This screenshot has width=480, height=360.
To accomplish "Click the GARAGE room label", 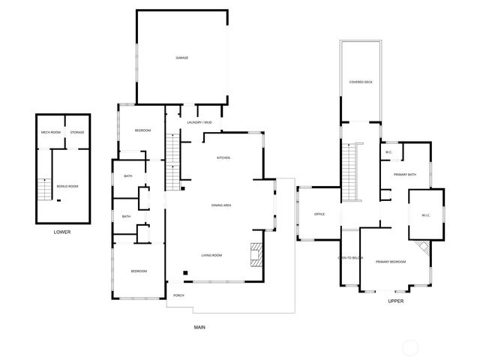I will pos(181,58).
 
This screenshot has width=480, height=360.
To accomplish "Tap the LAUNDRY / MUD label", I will pos(199,121).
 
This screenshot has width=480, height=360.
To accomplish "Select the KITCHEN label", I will pos(223,158).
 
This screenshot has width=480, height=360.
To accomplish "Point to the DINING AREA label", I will pos(220,205).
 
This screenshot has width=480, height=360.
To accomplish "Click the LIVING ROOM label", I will pos(211,256).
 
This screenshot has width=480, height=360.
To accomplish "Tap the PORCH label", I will pos(178,295).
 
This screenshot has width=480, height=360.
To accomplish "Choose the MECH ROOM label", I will pos(50,133).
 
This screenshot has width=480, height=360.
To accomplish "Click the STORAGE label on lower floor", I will pos(77,133).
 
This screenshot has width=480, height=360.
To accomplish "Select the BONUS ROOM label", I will pos(67,186).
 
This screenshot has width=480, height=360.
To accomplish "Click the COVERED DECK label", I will pos(361,82).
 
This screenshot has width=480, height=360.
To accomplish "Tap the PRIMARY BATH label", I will pos(405,175).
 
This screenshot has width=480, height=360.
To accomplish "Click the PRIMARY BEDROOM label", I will pos(391,262).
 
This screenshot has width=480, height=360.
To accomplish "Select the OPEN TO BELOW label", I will pos(350,258).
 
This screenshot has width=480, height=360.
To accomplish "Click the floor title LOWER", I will pos(62,232).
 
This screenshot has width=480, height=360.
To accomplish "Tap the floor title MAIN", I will pos(199,327).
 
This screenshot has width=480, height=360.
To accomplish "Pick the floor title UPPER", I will pos(396,301).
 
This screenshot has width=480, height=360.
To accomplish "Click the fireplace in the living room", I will pos(256,255).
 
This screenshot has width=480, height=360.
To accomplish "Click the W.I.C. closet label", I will pos(425,216).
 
